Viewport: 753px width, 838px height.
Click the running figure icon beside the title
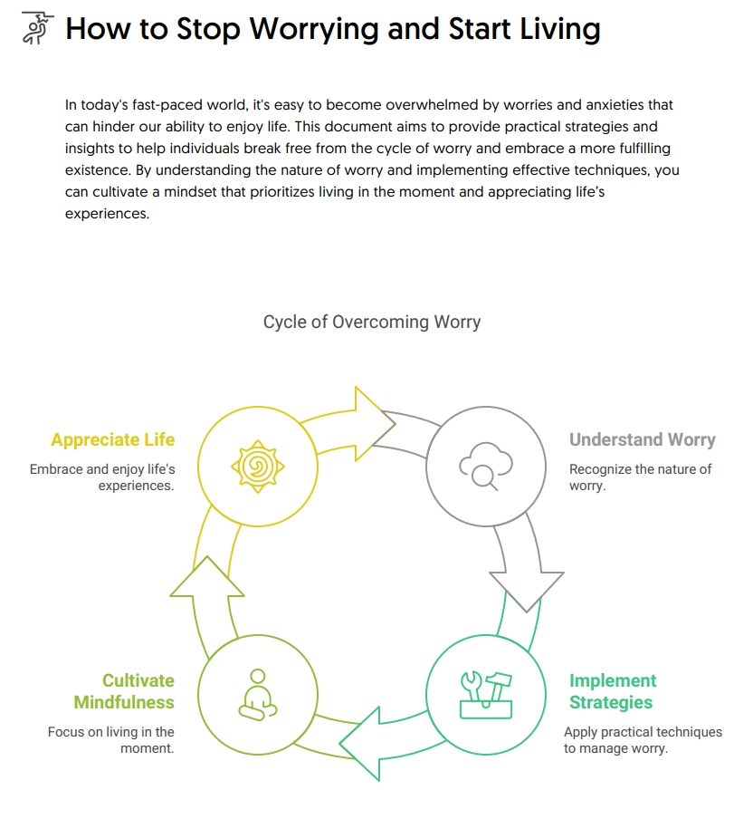[33, 30]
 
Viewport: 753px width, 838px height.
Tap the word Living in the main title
[553, 30]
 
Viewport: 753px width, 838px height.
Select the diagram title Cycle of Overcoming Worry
[372, 322]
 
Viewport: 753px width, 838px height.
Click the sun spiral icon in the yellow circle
[258, 467]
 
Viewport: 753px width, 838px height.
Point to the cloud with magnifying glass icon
[486, 467]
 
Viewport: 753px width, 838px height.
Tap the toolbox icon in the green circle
[486, 695]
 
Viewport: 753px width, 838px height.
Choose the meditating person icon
[258, 695]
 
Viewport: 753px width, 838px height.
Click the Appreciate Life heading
[113, 440]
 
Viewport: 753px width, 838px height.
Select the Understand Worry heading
[642, 440]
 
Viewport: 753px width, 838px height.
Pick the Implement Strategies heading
[613, 691]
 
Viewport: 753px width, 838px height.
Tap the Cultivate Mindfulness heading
[125, 691]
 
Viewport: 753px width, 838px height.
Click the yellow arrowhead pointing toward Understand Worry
[374, 423]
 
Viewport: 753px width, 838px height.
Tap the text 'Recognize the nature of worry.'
[640, 477]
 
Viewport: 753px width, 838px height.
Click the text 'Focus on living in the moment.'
[111, 740]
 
